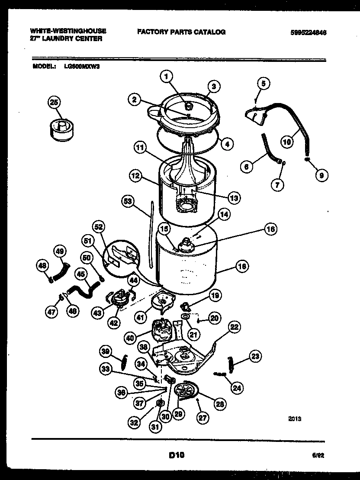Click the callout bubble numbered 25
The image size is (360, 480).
click(55, 103)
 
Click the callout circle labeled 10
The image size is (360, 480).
click(286, 141)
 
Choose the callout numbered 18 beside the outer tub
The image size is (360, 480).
click(242, 267)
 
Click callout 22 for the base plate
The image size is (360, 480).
click(234, 327)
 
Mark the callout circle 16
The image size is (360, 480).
click(270, 230)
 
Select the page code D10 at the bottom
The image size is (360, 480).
click(176, 455)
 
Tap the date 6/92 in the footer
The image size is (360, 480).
click(318, 455)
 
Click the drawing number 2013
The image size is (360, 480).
click(294, 419)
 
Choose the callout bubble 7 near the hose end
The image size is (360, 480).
click(277, 185)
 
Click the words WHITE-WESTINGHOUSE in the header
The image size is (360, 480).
click(68, 32)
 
